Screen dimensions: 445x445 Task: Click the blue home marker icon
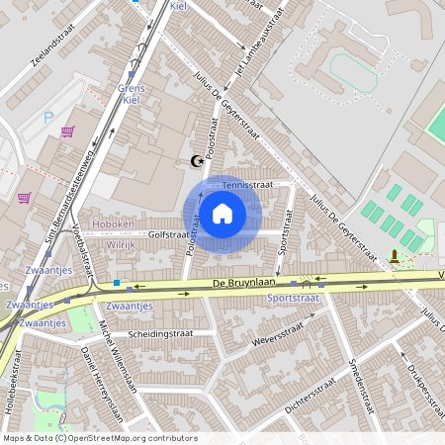pyautogui.click(x=222, y=213)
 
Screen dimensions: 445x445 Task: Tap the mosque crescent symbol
pyautogui.click(x=195, y=161)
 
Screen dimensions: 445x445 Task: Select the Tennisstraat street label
pyautogui.click(x=247, y=184)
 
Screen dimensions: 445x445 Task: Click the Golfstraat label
pyautogui.click(x=167, y=234)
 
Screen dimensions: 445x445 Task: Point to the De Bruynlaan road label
pyautogui.click(x=241, y=283)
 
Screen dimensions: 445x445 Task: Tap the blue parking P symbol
pyautogui.click(x=48, y=117)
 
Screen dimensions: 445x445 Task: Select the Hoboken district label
pyautogui.click(x=112, y=224)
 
